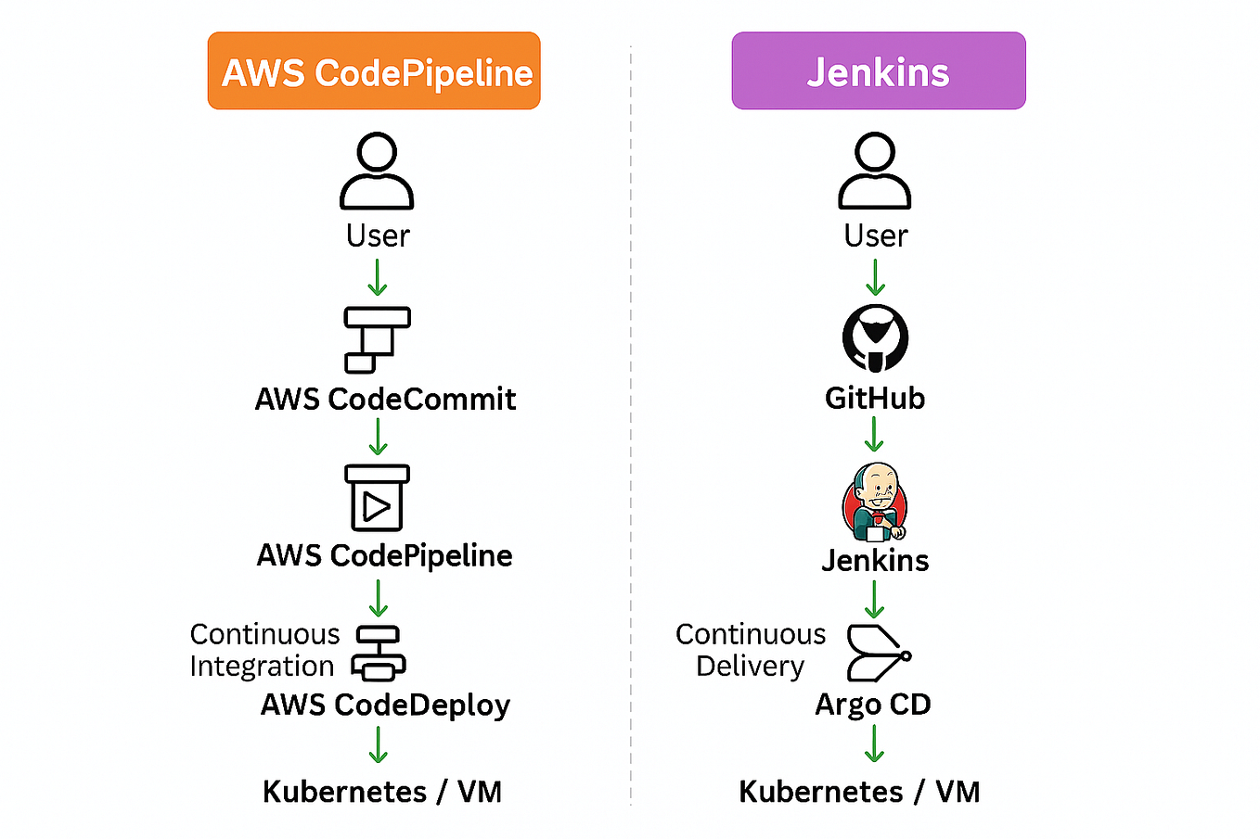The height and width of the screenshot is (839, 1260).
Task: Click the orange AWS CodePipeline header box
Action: [x=374, y=71]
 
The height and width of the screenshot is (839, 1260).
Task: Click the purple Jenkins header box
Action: [x=878, y=71]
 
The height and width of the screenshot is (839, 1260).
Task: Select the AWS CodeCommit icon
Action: [x=376, y=339]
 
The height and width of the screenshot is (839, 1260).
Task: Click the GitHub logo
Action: [x=875, y=337]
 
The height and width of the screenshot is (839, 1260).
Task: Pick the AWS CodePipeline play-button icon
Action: [x=377, y=498]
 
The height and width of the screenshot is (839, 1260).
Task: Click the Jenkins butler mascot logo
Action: [x=875, y=502]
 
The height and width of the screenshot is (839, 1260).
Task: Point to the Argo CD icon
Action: [x=877, y=654]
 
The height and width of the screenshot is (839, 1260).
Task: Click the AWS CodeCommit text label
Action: [x=385, y=399]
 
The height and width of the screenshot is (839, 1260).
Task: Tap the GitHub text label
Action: [x=875, y=398]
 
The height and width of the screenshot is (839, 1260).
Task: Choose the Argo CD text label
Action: [x=872, y=705]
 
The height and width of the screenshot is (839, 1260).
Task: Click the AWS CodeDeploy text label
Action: [x=385, y=705]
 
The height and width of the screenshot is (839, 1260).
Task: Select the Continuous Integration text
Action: [x=264, y=650]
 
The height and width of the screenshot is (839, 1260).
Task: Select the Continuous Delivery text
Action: [x=750, y=650]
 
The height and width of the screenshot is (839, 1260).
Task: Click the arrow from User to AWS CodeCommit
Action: [x=378, y=277]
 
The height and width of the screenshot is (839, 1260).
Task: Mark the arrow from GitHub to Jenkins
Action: [x=874, y=434]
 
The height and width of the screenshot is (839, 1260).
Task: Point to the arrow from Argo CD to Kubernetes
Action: [x=874, y=744]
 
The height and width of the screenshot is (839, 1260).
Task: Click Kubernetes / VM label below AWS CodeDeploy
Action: [x=382, y=792]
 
